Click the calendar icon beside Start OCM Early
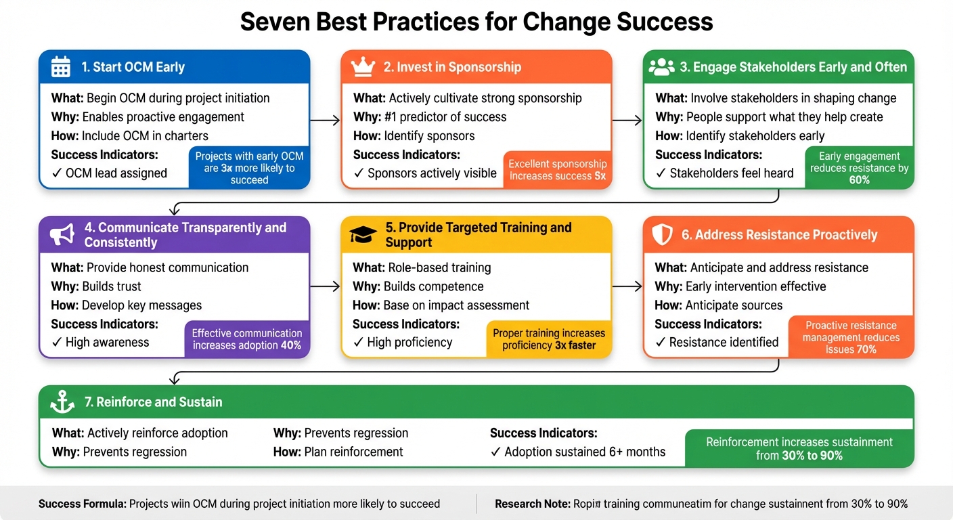pyautogui.click(x=61, y=67)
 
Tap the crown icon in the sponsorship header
pyautogui.click(x=363, y=67)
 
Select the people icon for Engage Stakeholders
pyautogui.click(x=661, y=66)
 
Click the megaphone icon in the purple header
pyautogui.click(x=62, y=234)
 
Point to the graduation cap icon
pyautogui.click(x=363, y=235)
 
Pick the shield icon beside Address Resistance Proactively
pyautogui.click(x=661, y=235)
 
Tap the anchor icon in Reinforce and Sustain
pyautogui.click(x=63, y=402)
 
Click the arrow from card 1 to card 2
pyautogui.click(x=325, y=121)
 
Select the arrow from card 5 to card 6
pyautogui.click(x=627, y=287)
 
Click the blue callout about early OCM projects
pyautogui.click(x=249, y=167)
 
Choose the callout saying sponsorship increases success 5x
pyautogui.click(x=558, y=170)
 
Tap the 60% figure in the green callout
pyautogui.click(x=859, y=180)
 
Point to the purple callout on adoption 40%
pyautogui.click(x=247, y=339)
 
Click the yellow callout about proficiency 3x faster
pyautogui.click(x=549, y=339)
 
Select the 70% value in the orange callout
pyautogui.click(x=866, y=349)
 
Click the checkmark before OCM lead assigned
pyautogui.click(x=56, y=173)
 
